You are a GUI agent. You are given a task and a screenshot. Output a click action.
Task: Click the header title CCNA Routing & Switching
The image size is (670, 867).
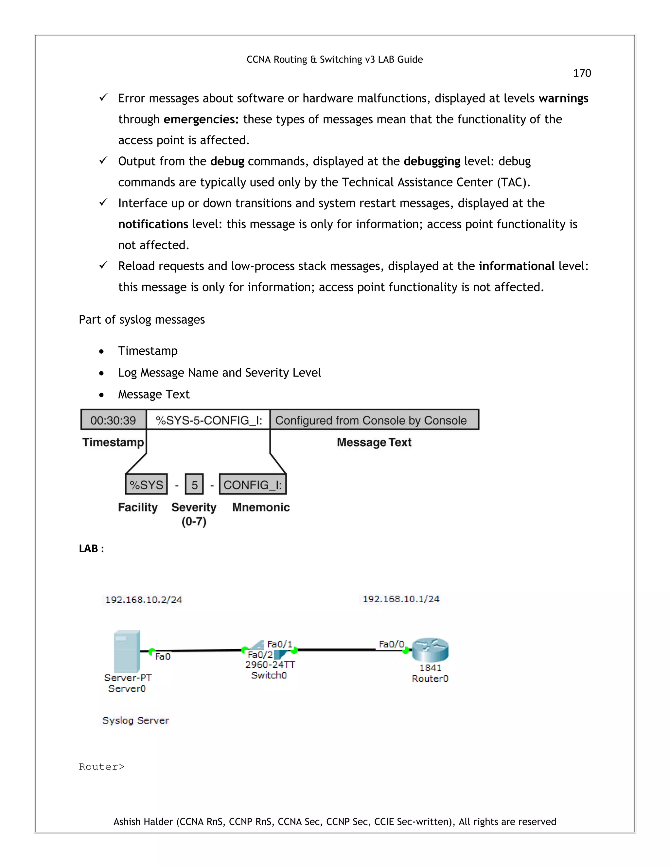coord(335,60)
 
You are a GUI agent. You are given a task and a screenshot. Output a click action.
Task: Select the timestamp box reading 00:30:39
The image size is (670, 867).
coord(113,420)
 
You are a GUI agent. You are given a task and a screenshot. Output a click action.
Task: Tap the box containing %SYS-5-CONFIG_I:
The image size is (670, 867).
coord(208,420)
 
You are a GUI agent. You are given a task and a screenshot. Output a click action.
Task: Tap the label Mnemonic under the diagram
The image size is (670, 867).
coord(261,507)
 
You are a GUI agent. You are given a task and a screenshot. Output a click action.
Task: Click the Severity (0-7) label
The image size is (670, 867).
coord(194,514)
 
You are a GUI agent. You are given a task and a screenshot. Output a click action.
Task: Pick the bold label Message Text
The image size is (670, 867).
coord(374,442)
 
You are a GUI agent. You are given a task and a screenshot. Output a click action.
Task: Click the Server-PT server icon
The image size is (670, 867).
coord(127,651)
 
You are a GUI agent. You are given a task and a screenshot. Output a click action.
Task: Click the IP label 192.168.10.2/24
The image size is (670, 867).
coord(143,600)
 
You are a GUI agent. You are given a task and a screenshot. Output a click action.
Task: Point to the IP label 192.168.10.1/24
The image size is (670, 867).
coord(401,599)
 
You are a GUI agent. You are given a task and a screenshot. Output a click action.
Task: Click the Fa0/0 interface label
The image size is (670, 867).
coord(391,644)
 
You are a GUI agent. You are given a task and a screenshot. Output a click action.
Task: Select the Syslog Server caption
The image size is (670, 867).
coord(136,720)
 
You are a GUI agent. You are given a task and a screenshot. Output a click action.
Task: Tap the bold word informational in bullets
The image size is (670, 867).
coord(516,266)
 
